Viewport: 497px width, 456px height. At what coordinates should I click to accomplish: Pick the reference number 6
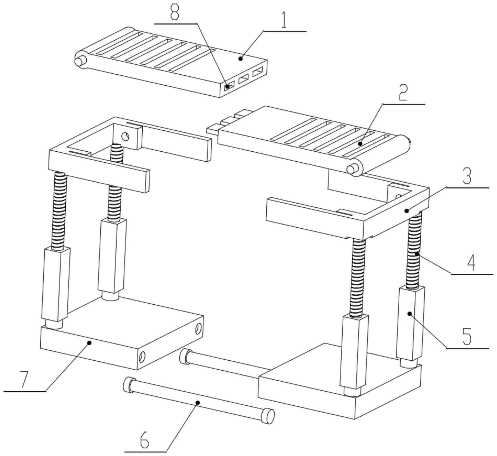click(144, 440)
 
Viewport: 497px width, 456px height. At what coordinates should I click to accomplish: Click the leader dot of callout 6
click(198, 403)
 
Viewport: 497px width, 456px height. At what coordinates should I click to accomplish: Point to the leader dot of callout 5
click(410, 313)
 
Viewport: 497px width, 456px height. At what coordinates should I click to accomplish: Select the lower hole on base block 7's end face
click(142, 357)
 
